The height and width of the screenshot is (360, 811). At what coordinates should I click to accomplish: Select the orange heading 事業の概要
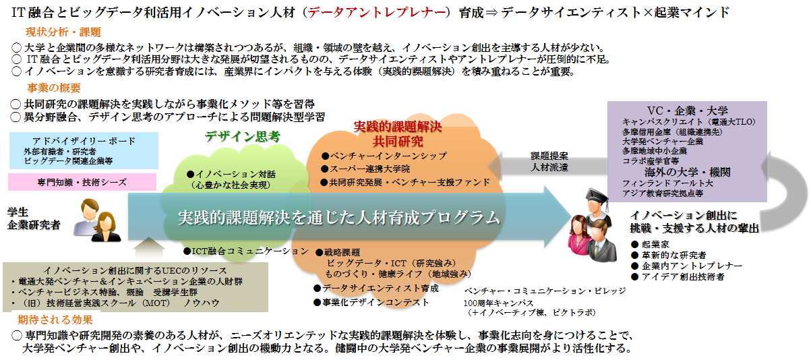(54, 88)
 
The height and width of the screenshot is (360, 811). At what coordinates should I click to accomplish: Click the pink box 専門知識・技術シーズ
(81, 182)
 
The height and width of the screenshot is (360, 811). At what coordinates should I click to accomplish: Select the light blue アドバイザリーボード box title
(84, 140)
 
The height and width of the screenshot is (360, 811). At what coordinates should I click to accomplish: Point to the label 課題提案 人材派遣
(549, 160)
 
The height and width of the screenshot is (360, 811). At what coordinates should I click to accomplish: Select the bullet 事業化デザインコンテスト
(376, 302)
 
